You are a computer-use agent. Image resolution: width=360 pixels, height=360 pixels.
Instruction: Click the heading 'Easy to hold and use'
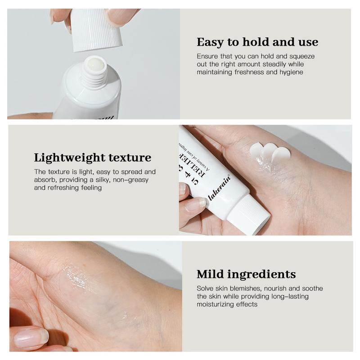[x=257, y=42]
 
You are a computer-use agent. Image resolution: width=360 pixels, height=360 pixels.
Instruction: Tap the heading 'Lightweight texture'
[x=92, y=158]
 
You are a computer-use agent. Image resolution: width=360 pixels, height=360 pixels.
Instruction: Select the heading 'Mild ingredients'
[x=246, y=274]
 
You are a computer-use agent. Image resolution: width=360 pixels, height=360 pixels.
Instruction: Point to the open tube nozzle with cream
[x=95, y=65]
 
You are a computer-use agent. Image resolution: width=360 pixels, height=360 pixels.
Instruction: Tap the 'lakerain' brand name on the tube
[x=220, y=187]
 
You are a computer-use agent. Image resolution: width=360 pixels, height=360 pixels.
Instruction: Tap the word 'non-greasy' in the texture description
[x=130, y=180]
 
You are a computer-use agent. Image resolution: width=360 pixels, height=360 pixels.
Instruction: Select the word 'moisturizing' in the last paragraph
[x=215, y=305]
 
